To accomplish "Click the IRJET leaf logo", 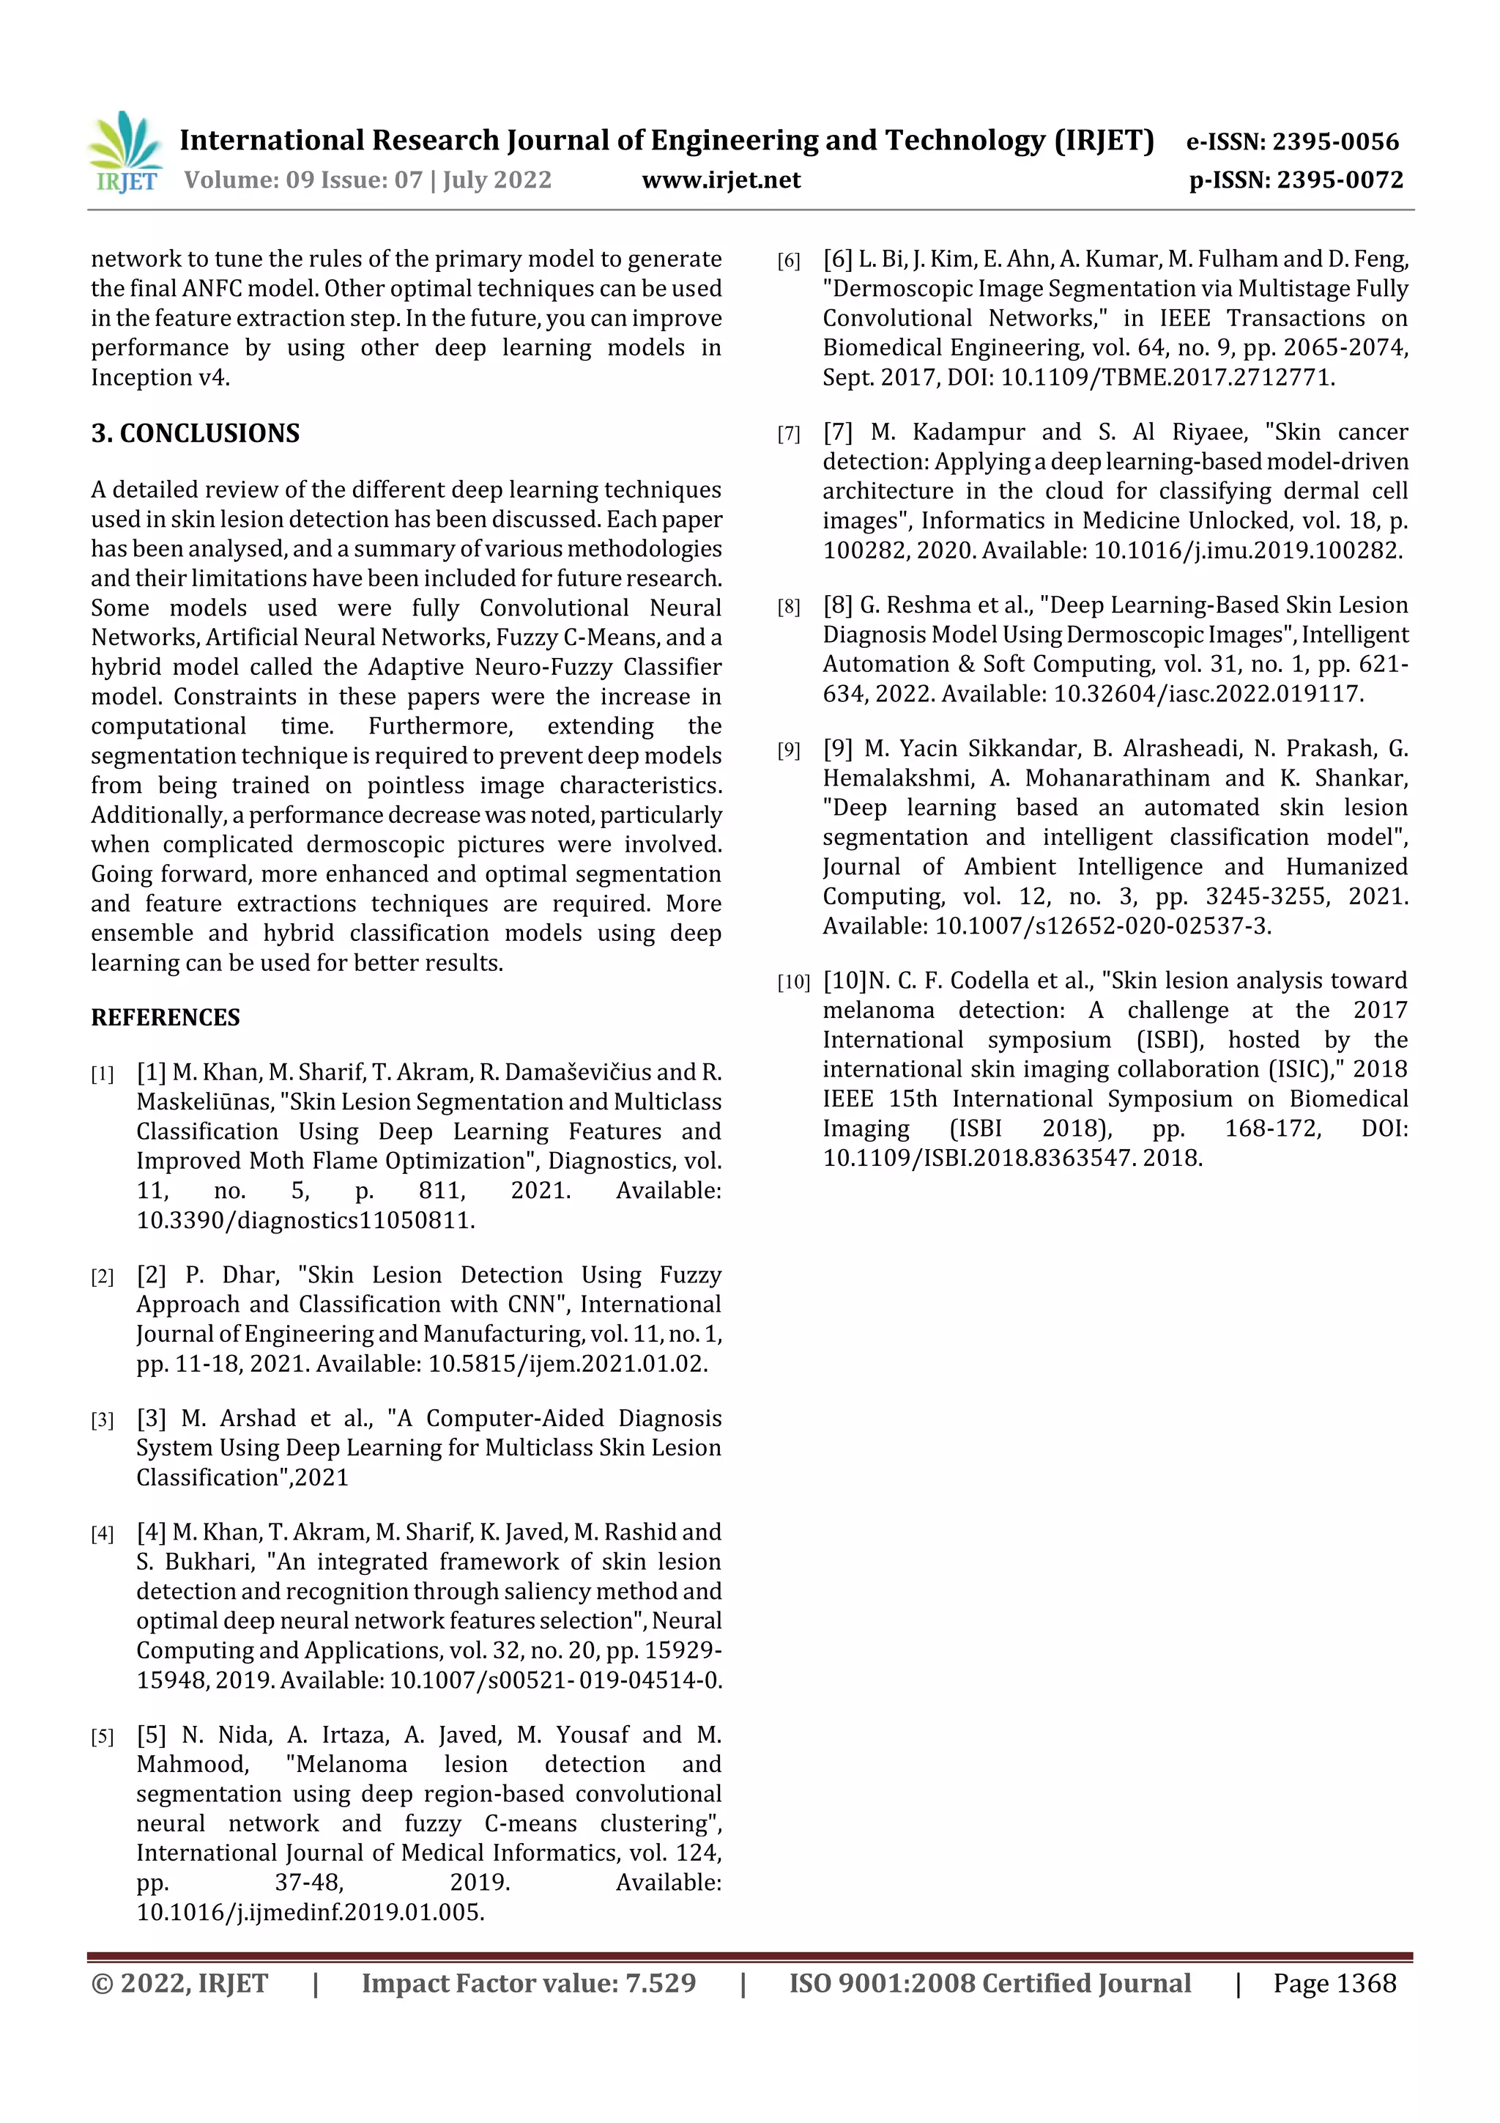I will tap(126, 151).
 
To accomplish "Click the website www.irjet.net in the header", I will tap(721, 180).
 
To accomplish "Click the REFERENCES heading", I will tap(166, 1018).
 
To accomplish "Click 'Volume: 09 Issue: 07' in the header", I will tap(303, 180).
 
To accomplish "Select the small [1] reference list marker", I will tap(102, 1074).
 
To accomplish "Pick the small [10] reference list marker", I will tap(793, 983).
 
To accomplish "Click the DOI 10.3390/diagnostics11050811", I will tap(305, 1221).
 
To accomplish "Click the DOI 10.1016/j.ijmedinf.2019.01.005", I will tap(311, 1912).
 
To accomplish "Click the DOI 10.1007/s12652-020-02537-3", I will tap(1102, 926).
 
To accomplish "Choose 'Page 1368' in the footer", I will tap(1334, 1983).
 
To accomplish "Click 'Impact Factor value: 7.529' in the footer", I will tap(529, 1983).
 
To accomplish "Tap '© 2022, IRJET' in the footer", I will tap(179, 1983).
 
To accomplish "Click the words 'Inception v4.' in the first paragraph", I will tap(160, 377).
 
